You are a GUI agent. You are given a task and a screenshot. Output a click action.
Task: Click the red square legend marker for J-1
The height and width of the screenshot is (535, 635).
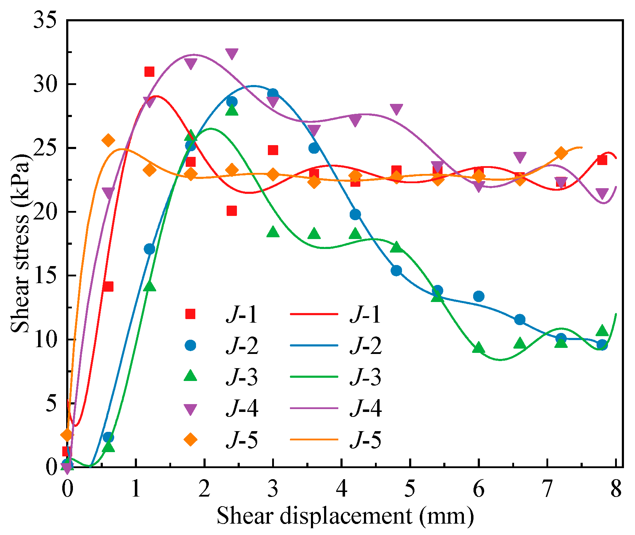coord(190,314)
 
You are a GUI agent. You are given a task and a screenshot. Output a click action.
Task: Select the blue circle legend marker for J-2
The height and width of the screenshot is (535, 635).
coord(190,345)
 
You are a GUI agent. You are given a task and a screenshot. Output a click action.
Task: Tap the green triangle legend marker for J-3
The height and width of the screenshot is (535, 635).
coord(190,376)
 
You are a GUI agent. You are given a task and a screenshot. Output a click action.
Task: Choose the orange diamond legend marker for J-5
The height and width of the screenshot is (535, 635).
coord(190,440)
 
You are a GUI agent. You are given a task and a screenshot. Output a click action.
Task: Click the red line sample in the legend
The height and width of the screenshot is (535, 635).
coord(314,314)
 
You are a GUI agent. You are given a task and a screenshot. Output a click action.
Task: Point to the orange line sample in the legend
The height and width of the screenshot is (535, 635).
coord(314,440)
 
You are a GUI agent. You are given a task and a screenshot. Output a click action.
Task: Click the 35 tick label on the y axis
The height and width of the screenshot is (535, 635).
coord(45,20)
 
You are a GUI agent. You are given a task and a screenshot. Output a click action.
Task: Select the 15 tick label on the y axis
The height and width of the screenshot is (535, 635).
coord(45,275)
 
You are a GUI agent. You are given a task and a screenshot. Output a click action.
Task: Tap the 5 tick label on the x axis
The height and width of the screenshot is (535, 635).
coord(410,488)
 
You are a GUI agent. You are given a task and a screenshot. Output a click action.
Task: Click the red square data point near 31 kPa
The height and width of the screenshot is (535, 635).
coord(149,72)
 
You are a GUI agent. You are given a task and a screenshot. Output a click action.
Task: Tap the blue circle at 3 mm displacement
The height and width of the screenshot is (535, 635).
coord(273,94)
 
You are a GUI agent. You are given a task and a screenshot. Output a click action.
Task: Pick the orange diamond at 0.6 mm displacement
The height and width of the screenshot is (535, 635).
coord(108,141)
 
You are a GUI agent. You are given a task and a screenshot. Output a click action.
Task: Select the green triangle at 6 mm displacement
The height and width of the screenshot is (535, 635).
coord(479,348)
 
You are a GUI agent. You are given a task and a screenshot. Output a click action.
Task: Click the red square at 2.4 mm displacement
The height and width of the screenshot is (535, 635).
coord(232,211)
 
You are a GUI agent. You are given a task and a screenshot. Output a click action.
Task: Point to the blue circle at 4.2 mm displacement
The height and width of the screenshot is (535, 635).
coord(355,214)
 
